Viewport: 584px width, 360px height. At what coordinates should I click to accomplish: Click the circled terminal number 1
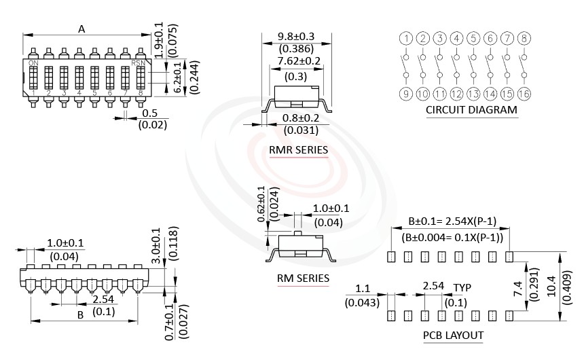coord(405,38)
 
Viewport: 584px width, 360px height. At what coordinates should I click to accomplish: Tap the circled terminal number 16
coord(524,94)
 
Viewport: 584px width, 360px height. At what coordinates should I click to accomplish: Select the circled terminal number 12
coord(456,94)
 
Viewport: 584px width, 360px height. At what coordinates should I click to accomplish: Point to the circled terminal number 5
coord(473,38)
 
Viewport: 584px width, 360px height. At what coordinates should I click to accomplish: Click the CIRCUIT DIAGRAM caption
coord(471,110)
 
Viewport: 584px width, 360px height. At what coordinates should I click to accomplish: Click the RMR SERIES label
coord(298,149)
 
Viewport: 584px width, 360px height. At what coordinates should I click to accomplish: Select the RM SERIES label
coord(303,278)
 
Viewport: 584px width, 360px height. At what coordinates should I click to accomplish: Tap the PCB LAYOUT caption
coord(453,335)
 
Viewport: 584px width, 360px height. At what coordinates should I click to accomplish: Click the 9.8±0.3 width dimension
coord(296,37)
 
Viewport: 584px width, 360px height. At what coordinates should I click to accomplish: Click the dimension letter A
coord(81,29)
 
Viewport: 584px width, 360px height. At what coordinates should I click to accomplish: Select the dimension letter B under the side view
coord(80,315)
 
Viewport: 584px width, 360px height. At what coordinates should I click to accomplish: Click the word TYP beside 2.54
coord(462,287)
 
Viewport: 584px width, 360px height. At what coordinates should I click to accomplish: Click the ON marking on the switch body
coord(33,62)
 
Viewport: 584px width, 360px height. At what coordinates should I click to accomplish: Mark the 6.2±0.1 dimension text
coord(179,78)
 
